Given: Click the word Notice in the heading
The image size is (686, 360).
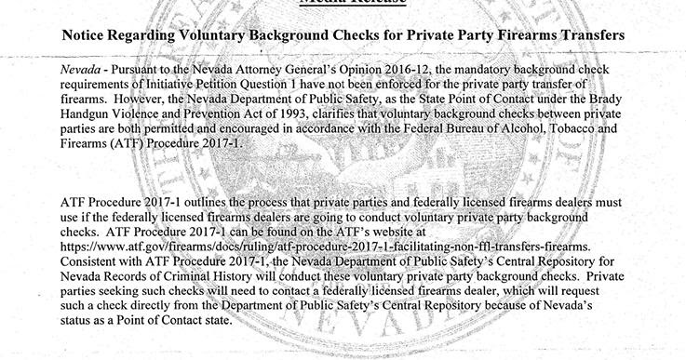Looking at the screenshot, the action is coord(87,35).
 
